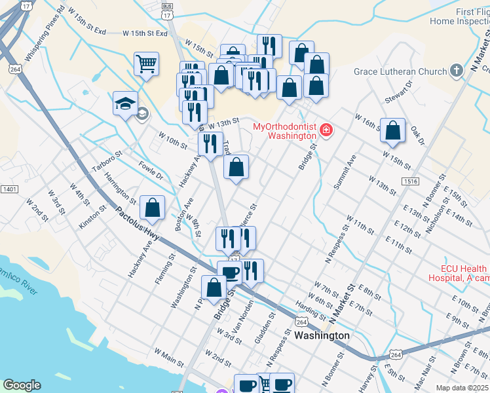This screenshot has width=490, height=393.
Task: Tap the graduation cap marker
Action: [125, 103]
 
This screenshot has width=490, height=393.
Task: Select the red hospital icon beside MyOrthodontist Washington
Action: [326, 131]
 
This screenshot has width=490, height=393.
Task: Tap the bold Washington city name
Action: [322, 335]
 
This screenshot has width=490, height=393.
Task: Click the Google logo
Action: [22, 385]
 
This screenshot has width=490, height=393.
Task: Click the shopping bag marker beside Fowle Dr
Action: [152, 208]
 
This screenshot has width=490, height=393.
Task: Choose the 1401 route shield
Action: [9, 189]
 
